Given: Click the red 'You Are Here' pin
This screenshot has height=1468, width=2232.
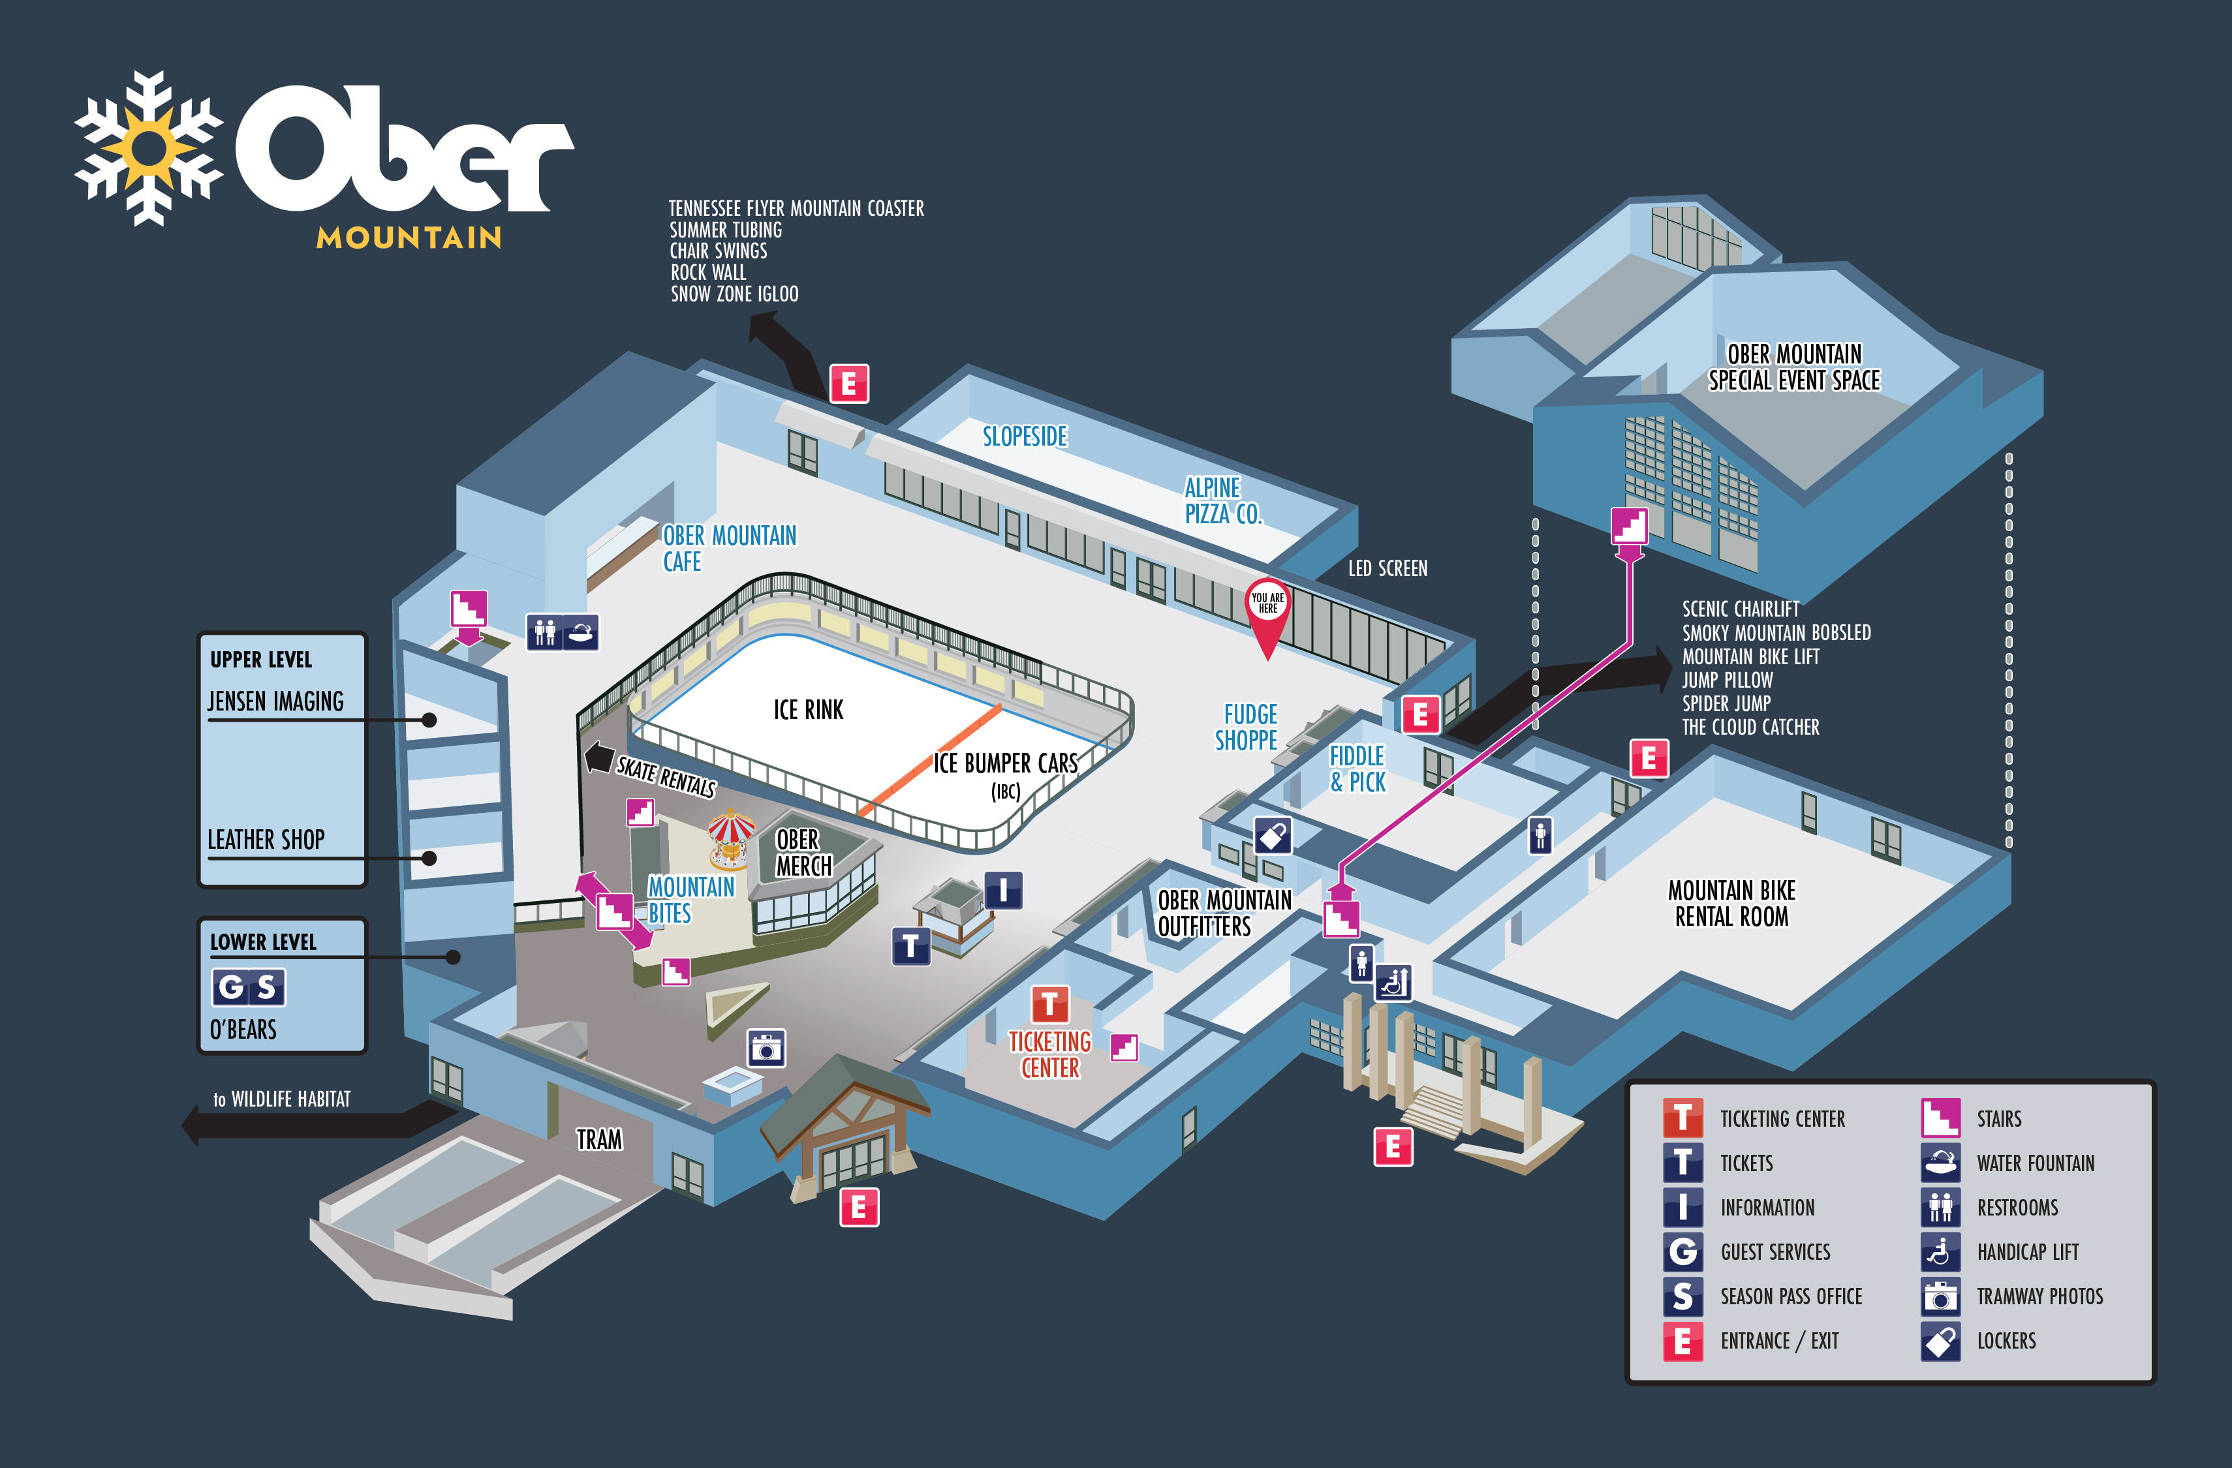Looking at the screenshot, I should (1267, 609).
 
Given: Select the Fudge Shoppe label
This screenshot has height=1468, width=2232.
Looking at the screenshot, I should (1247, 727).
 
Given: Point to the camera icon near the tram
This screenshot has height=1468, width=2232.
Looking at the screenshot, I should (766, 1048).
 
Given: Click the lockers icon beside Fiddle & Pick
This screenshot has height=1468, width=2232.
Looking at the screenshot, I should (1273, 835).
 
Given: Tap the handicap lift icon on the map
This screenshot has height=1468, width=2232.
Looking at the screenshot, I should (1393, 983).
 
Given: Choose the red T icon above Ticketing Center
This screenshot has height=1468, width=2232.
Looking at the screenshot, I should (1049, 1004).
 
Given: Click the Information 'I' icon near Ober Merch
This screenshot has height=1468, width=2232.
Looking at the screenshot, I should (1002, 890).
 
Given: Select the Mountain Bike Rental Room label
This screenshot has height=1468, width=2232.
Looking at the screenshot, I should (1731, 903).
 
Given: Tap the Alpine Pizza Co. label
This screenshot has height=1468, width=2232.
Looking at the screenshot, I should (1223, 500).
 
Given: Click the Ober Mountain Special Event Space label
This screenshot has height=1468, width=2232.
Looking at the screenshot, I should (1794, 367).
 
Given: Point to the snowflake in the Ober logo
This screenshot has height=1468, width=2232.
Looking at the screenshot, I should (148, 148).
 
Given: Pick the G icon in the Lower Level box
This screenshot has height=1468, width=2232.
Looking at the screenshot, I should (230, 987).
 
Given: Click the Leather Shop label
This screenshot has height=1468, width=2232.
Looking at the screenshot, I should (266, 839).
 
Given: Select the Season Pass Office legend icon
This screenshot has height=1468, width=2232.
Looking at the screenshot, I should (1682, 1296).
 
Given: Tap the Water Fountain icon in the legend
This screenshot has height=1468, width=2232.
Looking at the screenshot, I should (1940, 1163).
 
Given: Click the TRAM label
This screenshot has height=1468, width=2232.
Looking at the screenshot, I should (598, 1139).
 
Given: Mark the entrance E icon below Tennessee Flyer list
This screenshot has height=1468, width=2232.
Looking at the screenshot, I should (848, 384).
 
